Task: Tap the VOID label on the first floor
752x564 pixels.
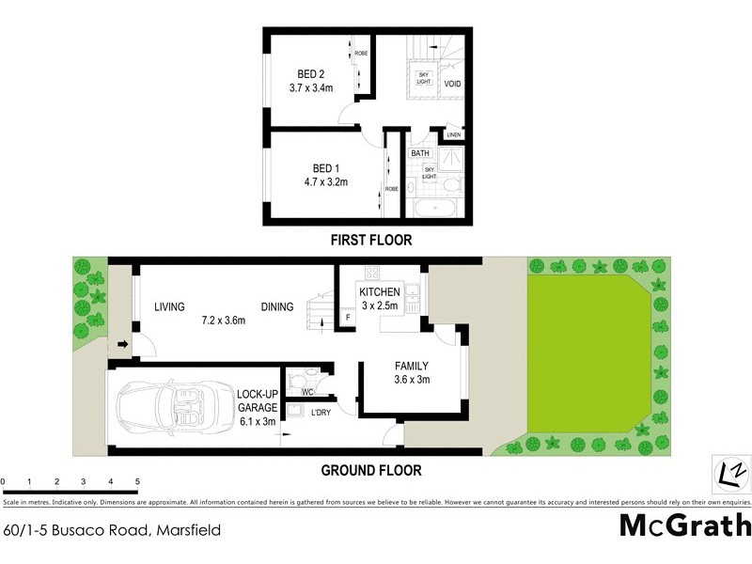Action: [x=452, y=84]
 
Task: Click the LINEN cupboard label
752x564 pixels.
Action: [x=454, y=135]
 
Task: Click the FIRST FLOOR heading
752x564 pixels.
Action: [x=370, y=241]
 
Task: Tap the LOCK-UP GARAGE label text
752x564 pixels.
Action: [x=257, y=407]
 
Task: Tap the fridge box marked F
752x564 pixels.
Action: [x=348, y=318]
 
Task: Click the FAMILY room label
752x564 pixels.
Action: [x=411, y=367]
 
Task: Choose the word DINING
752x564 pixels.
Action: [x=277, y=306]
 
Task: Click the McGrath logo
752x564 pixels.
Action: [x=685, y=525]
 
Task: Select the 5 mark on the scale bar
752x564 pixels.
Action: [x=138, y=481]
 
